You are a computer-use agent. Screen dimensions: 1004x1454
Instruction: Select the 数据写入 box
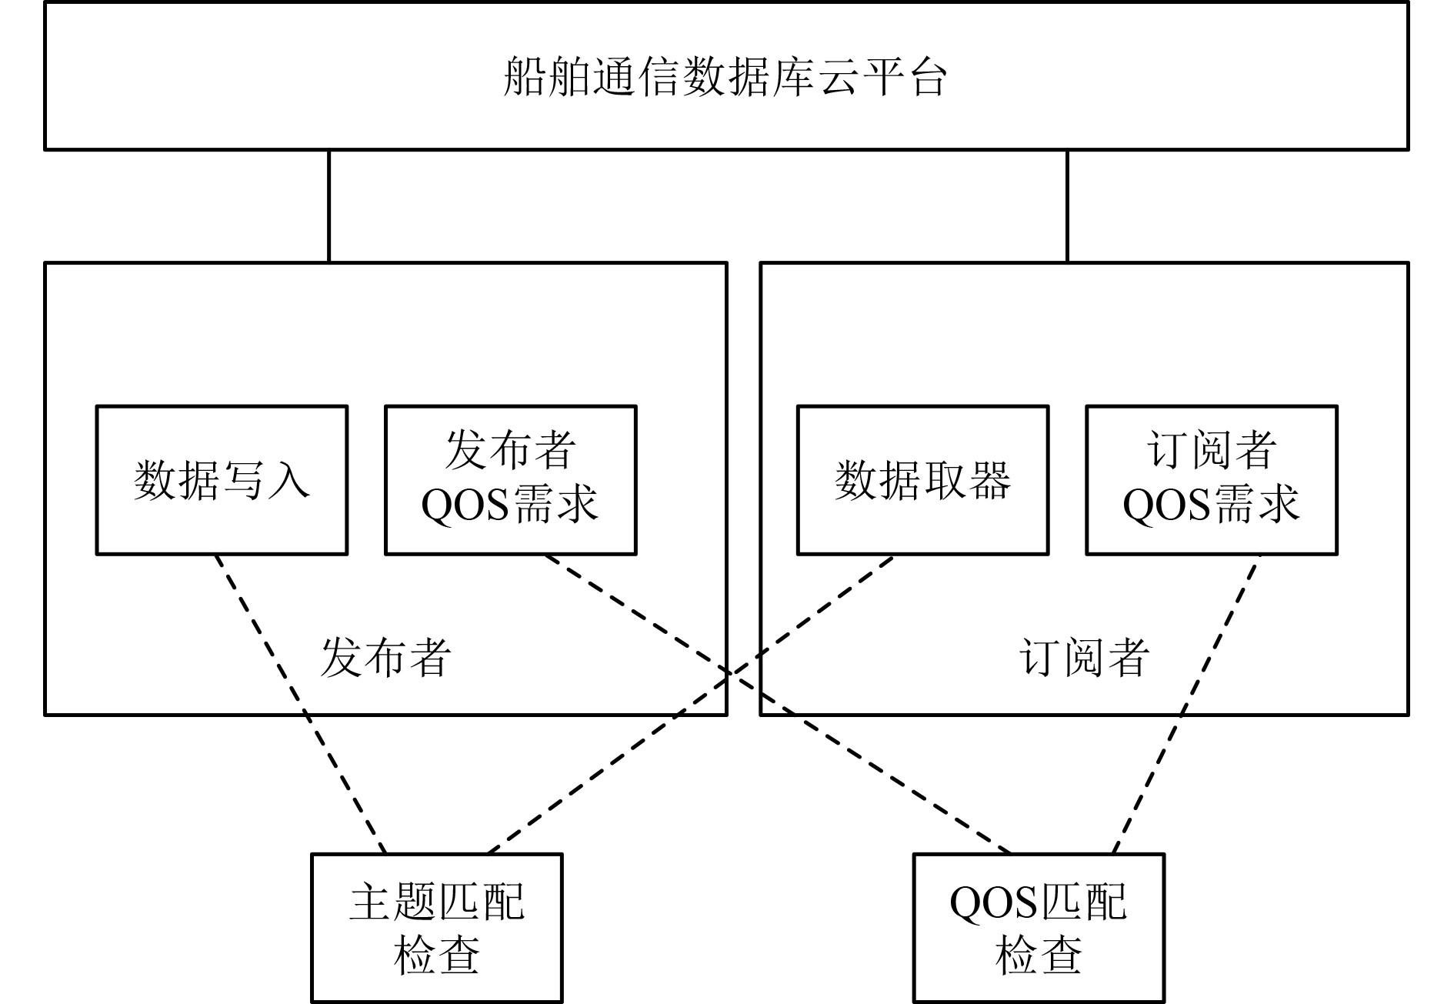click(x=222, y=480)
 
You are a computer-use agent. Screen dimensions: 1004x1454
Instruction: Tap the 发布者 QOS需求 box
click(x=510, y=480)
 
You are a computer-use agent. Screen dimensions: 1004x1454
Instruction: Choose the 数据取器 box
click(x=922, y=480)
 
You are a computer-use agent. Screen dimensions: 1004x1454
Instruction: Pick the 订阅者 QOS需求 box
click(x=1211, y=480)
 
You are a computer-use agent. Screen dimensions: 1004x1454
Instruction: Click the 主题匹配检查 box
click(x=436, y=928)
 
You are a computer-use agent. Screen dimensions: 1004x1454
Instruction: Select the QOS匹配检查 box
click(x=1039, y=928)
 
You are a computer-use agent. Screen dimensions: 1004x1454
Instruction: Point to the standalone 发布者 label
click(x=385, y=659)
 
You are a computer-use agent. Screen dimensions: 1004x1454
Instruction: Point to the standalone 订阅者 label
click(x=1085, y=659)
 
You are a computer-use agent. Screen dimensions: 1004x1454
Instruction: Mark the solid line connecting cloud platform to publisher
click(x=329, y=206)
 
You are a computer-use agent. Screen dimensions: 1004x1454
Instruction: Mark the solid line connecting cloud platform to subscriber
click(x=1067, y=206)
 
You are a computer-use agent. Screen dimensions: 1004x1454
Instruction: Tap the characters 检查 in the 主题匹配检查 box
click(x=436, y=956)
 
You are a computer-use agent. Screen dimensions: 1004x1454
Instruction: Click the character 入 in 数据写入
click(x=289, y=480)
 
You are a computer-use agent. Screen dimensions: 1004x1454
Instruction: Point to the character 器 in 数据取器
click(x=989, y=480)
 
